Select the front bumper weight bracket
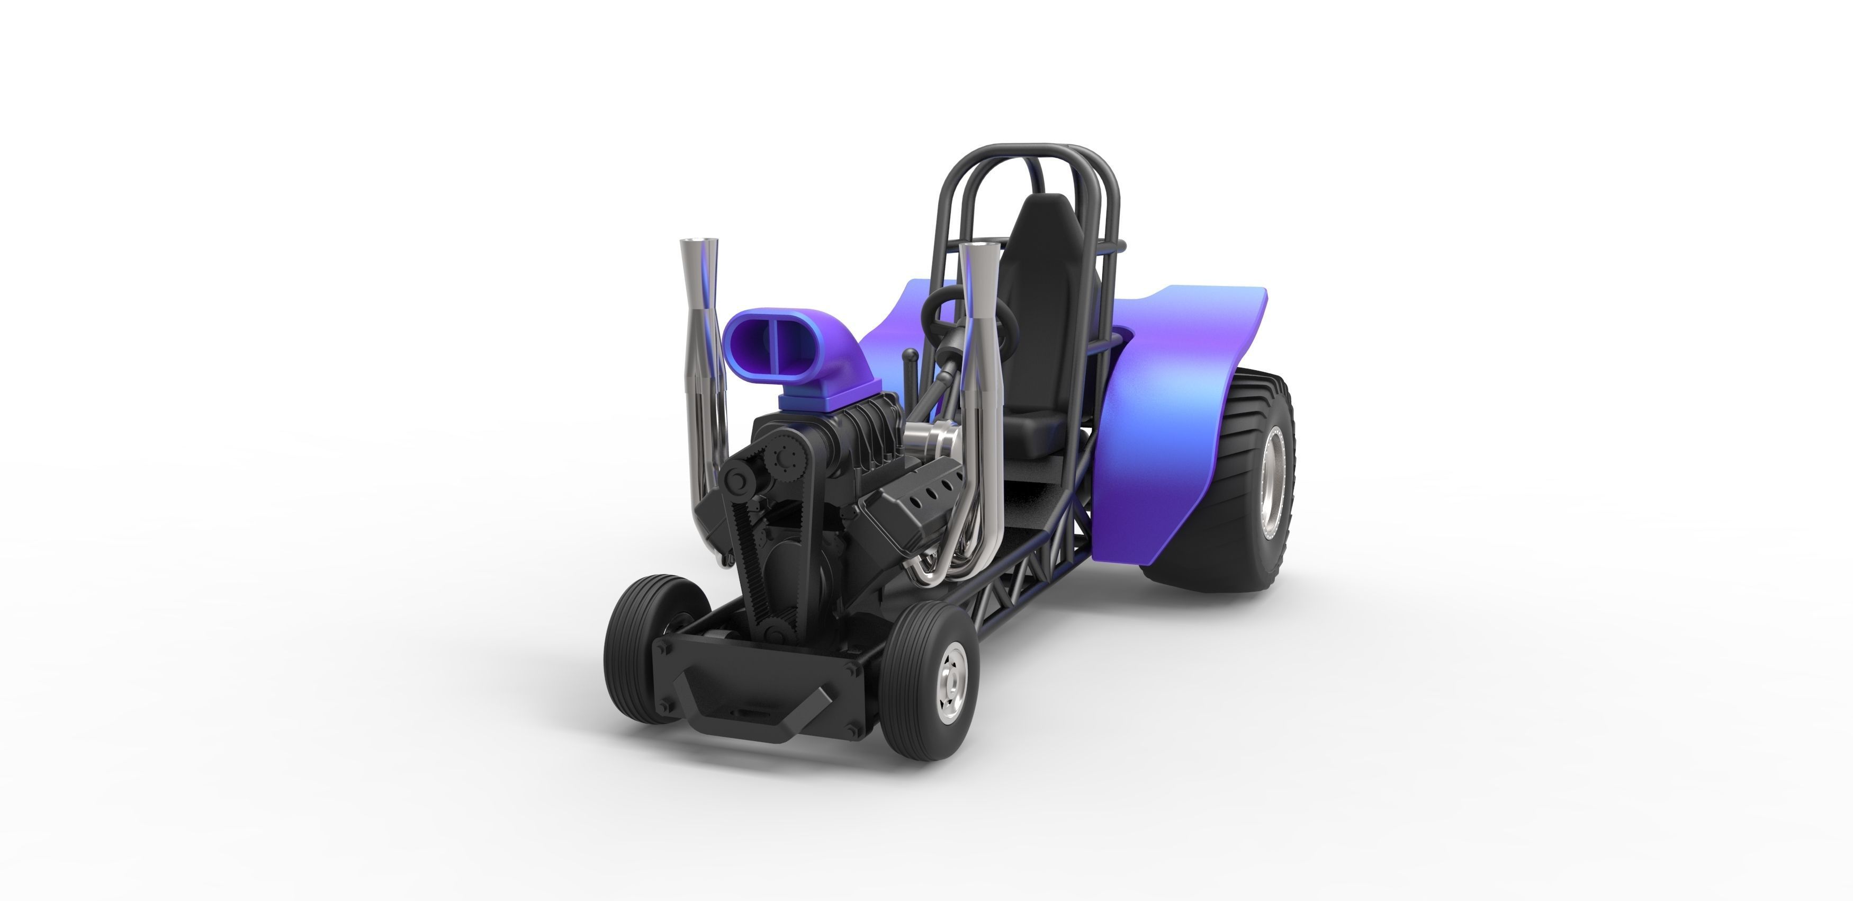[755, 691]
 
